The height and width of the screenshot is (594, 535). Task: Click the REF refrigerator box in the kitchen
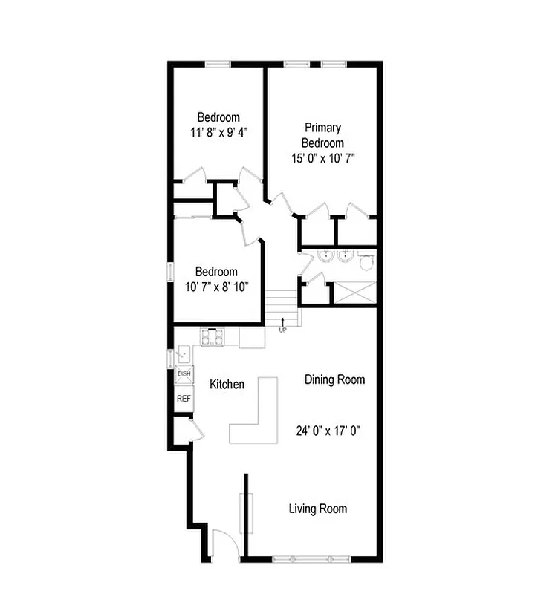point(184,399)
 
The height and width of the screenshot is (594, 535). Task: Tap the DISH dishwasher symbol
point(184,374)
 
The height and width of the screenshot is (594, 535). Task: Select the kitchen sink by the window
point(184,356)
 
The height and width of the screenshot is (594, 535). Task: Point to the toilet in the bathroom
point(366,261)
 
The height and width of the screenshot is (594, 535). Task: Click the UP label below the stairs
point(282,330)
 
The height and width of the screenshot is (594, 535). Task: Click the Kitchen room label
point(227,385)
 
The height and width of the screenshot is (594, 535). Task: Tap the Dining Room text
point(335,379)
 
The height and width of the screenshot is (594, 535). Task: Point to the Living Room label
point(318,509)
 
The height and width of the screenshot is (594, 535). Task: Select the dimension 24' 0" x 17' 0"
point(328,430)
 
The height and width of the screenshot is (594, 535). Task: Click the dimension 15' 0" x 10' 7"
point(323,157)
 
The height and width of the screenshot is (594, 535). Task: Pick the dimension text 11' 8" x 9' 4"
point(218,132)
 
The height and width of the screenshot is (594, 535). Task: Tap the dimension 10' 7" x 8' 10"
point(216,287)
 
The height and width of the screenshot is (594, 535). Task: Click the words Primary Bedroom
point(322,135)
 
